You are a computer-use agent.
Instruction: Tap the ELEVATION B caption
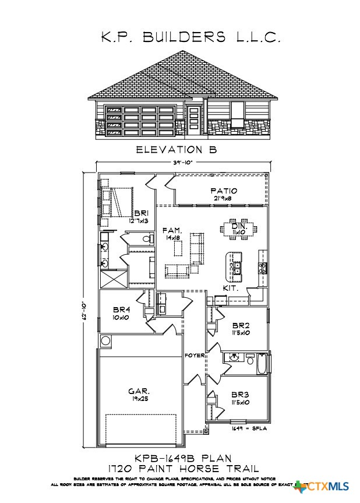[x=176, y=150]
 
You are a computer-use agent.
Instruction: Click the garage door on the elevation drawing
[x=140, y=121]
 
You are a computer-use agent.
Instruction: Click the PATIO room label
[x=224, y=191]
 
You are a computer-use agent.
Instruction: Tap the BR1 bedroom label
[x=140, y=214]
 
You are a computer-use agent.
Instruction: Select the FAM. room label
[x=172, y=232]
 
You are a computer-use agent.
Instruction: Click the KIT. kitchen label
[x=230, y=288]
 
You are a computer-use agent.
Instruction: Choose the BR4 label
[x=121, y=309]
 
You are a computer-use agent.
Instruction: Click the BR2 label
[x=241, y=325]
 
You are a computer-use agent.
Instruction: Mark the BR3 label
[x=241, y=394]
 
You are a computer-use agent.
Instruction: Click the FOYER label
[x=193, y=355]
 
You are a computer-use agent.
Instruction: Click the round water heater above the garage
[x=105, y=340]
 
